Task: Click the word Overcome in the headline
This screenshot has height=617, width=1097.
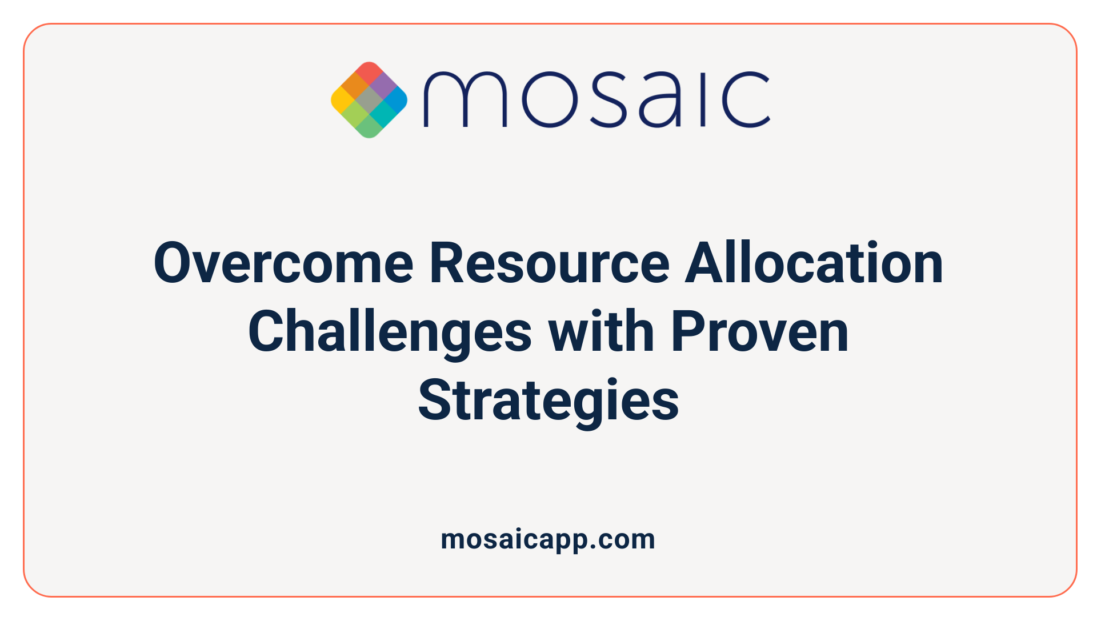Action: coord(283,263)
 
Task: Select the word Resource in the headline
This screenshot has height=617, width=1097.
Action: coord(549,263)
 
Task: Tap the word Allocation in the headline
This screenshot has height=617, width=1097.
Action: coord(814,263)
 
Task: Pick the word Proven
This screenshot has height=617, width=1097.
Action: coord(760,332)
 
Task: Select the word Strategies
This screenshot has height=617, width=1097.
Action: coord(548,402)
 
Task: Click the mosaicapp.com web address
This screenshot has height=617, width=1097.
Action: coord(548,539)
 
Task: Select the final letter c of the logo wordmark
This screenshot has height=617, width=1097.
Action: coord(746,99)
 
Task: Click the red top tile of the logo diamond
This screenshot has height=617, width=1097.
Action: coord(369,72)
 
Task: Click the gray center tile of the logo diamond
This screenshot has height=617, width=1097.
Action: coord(369,100)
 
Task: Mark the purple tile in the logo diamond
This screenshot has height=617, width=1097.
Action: coord(383,86)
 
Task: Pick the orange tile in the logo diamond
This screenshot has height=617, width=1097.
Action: coord(355,86)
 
